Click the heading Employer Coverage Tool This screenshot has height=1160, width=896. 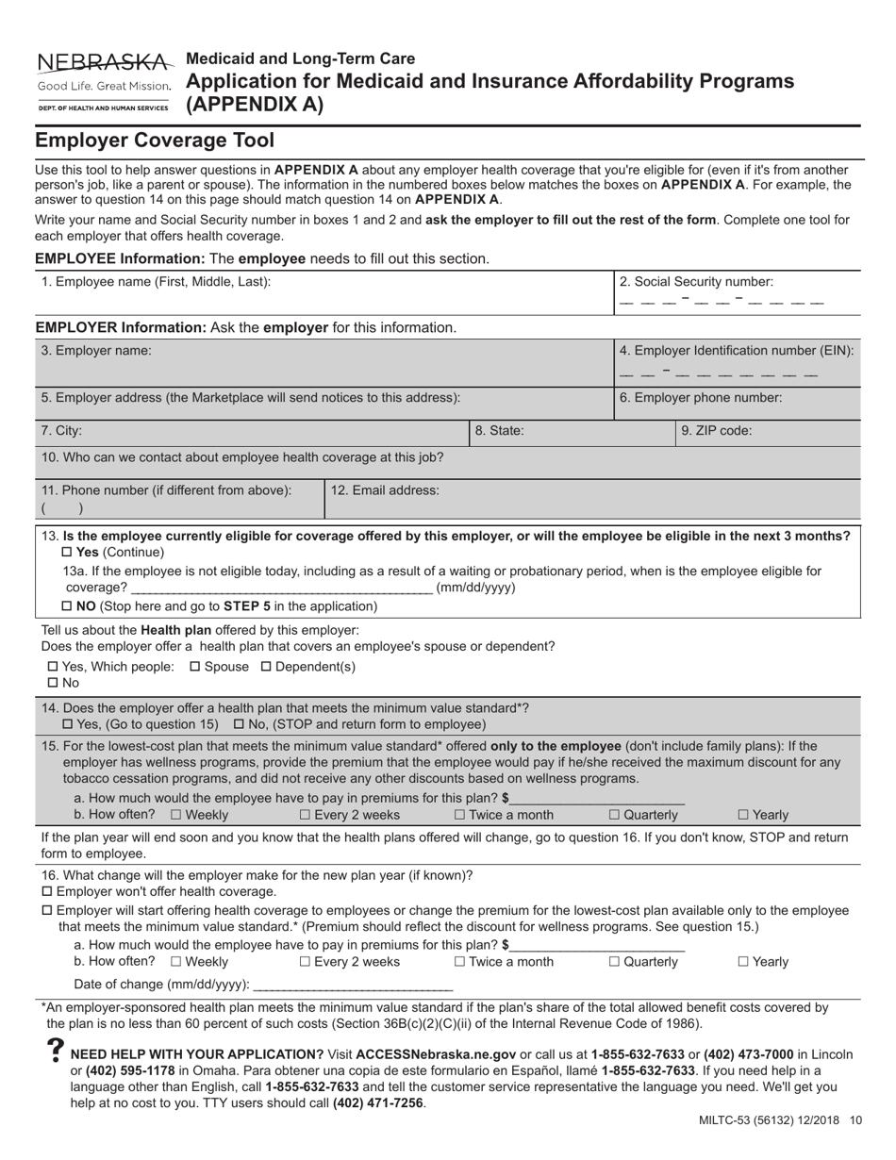[x=155, y=141]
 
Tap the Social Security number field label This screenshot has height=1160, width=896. [x=696, y=281]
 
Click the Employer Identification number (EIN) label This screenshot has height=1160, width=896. [x=737, y=351]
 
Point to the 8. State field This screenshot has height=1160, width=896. [x=540, y=430]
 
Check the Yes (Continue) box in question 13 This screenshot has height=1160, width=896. [x=67, y=552]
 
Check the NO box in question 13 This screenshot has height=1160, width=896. [x=67, y=605]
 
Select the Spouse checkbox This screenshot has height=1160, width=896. [x=195, y=667]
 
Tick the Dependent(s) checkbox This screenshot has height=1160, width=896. [x=266, y=667]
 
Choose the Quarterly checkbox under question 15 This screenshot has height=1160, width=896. [x=615, y=815]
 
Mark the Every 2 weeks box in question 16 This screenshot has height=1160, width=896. [x=306, y=962]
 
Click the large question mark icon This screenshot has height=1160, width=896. [x=55, y=1053]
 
